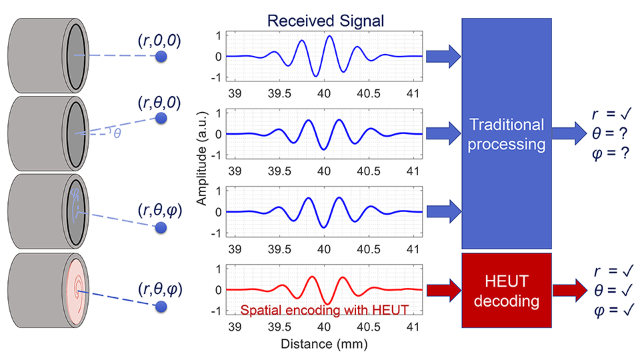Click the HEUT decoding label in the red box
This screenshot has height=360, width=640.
point(507,291)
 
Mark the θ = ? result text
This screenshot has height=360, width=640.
point(611,133)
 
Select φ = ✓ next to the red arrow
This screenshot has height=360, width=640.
point(611,309)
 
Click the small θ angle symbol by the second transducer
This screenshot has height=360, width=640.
point(117,134)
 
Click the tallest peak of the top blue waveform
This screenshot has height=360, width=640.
point(329,37)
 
